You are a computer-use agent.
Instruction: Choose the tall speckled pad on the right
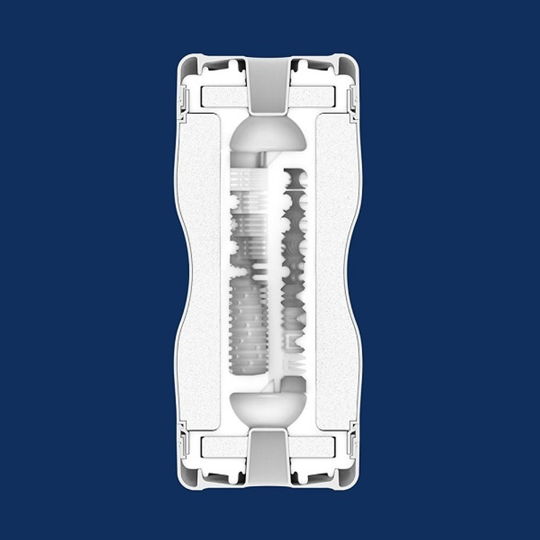coord(337,270)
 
